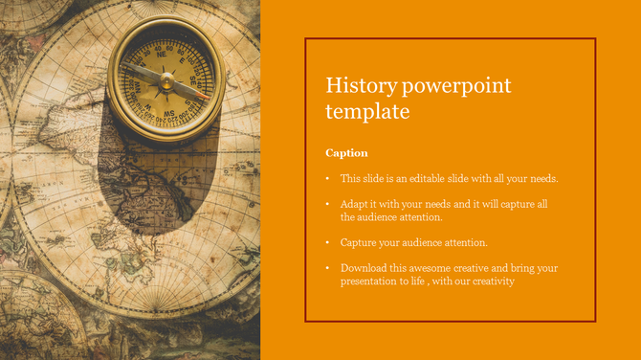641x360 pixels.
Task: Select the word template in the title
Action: coord(367,112)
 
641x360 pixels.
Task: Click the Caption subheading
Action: coord(346,153)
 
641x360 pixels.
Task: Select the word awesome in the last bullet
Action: coord(439,268)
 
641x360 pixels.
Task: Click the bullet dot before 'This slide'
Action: coord(327,179)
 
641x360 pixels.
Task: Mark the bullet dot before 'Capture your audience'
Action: coord(327,243)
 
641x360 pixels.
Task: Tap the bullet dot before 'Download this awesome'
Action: coord(327,269)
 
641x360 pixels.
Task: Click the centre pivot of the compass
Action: coord(166,79)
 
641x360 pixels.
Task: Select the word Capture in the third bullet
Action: coord(360,242)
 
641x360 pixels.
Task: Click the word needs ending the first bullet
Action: coord(542,179)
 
